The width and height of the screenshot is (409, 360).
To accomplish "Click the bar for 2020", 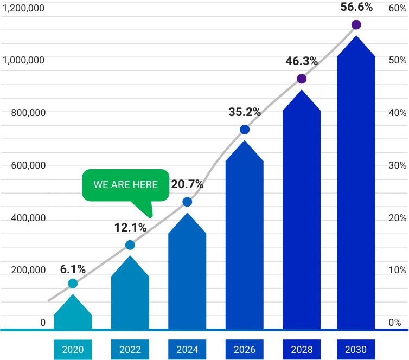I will point(73,314).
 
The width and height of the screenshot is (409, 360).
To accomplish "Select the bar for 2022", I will point(130,295).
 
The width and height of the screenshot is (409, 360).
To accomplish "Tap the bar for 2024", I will point(187,274).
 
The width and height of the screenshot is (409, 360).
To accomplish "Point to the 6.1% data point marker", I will point(73,284).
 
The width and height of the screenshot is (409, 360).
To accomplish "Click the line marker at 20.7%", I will point(187,202).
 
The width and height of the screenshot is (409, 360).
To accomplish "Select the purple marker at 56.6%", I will point(356,24).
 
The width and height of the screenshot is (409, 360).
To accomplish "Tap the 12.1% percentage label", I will point(130,228).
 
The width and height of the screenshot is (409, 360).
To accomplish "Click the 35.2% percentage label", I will point(245,112).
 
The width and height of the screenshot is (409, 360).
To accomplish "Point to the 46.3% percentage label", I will point(302,61).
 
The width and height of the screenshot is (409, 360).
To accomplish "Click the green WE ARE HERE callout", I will point(126,185).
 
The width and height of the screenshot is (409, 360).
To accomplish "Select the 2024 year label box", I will point(187,350).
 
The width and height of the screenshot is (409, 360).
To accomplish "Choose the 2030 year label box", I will point(356,350).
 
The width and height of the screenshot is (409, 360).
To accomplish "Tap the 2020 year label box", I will point(73,350).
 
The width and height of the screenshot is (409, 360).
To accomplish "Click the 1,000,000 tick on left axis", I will point(24,61).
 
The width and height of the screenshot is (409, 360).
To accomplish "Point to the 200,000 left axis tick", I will point(28,270).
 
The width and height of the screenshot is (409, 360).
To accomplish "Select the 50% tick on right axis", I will point(397,61).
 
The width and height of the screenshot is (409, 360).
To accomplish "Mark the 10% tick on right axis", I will point(397,270).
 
